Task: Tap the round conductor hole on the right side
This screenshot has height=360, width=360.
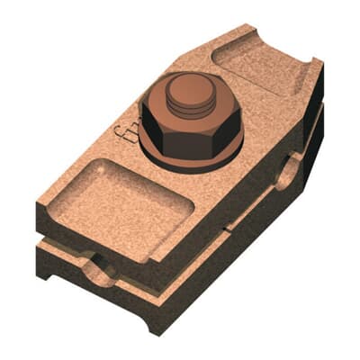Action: (x=290, y=170)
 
